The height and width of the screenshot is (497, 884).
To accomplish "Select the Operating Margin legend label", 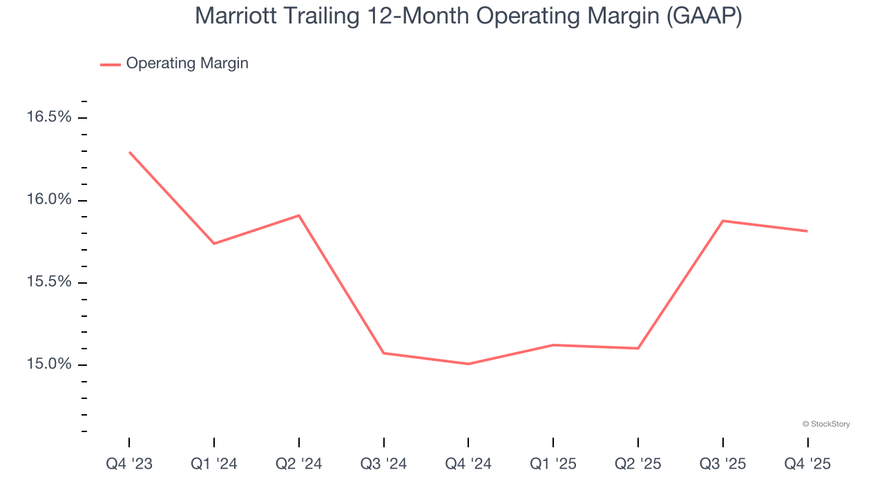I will (187, 64).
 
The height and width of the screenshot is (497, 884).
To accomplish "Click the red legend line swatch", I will (110, 64).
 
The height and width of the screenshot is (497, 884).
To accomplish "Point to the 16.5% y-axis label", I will (49, 117).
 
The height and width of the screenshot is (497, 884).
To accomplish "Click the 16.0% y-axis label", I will (49, 199).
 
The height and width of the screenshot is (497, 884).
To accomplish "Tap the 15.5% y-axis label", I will (49, 282).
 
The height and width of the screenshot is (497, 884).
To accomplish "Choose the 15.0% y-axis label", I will (49, 364).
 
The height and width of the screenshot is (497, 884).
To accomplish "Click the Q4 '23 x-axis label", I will (129, 464).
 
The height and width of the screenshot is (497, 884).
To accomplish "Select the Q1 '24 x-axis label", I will (214, 464).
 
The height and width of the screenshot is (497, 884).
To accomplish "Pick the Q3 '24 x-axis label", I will (384, 464).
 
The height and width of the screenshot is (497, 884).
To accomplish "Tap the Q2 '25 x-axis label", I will (638, 464).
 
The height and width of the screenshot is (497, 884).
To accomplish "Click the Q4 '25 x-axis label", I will (807, 464).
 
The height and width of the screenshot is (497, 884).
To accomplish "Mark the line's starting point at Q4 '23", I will (130, 152).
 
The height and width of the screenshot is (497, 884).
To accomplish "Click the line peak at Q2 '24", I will (299, 215).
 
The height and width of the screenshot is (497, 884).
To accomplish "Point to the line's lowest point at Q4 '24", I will (468, 364).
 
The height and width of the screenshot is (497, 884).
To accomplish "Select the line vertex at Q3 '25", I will (723, 221).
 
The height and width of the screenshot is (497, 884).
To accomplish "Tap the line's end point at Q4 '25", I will (807, 231).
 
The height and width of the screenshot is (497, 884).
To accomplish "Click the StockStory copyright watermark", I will (826, 424).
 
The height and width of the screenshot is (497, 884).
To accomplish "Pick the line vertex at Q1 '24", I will (214, 244).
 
